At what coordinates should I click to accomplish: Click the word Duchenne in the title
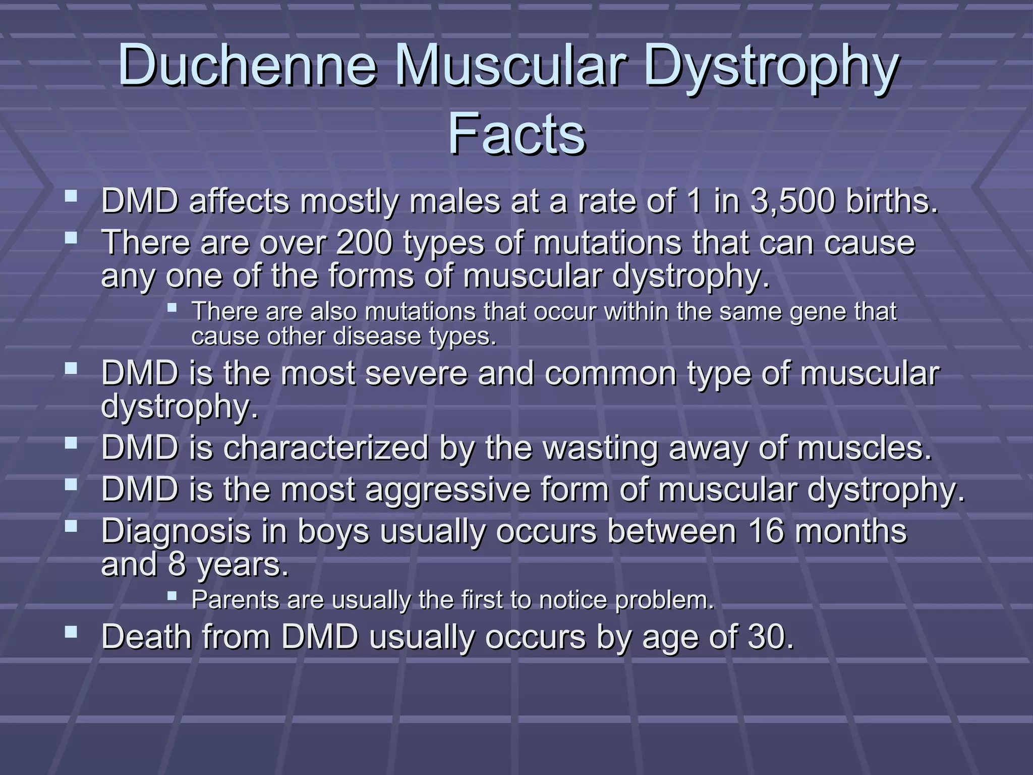point(247,66)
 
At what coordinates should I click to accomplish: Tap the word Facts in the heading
point(516,134)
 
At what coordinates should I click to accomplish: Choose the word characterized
point(326,448)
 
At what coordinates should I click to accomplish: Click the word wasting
point(600,448)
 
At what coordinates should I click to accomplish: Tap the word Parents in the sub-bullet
point(235,600)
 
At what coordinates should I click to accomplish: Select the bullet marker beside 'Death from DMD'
point(71,632)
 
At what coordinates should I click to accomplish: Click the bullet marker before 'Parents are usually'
point(172,596)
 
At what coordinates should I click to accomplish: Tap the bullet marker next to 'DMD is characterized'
point(71,443)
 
